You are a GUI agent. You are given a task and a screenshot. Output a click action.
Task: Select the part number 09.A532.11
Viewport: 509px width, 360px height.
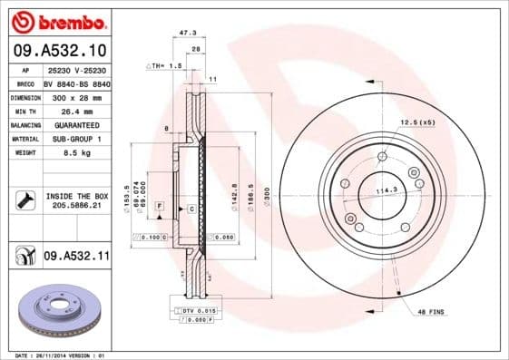(76, 257)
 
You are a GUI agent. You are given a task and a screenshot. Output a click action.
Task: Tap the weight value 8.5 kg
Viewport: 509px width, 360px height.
(75, 153)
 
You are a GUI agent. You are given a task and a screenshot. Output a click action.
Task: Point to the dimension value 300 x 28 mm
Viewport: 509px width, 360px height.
(75, 95)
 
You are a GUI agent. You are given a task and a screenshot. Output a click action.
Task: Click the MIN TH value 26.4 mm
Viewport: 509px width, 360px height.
(75, 110)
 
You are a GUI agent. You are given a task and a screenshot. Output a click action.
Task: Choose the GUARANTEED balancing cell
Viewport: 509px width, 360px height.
(75, 124)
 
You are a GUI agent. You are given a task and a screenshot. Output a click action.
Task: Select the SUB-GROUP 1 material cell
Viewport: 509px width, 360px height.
(75, 139)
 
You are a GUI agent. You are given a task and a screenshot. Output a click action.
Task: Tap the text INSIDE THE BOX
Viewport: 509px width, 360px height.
(76, 196)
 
